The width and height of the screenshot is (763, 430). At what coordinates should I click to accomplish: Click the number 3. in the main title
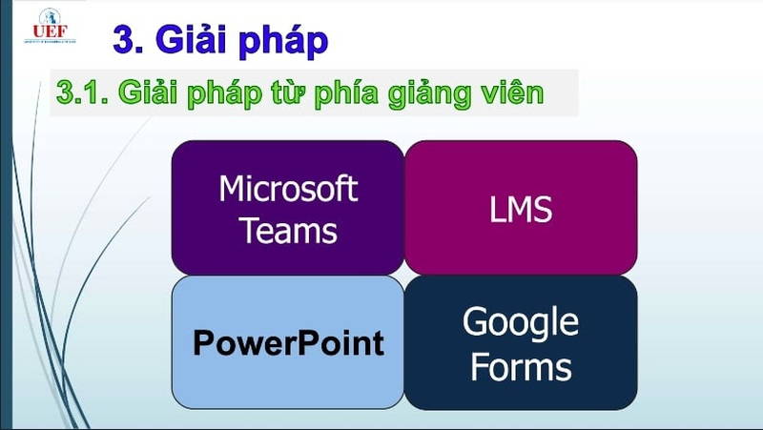click(129, 39)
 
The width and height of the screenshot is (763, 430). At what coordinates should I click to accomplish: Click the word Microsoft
click(288, 188)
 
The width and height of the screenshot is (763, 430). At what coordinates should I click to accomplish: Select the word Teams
click(288, 230)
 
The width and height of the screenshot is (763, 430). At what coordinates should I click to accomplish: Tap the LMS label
click(521, 209)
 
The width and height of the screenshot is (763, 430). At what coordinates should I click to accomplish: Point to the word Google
click(521, 322)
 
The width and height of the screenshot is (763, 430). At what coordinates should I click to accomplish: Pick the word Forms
click(521, 366)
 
